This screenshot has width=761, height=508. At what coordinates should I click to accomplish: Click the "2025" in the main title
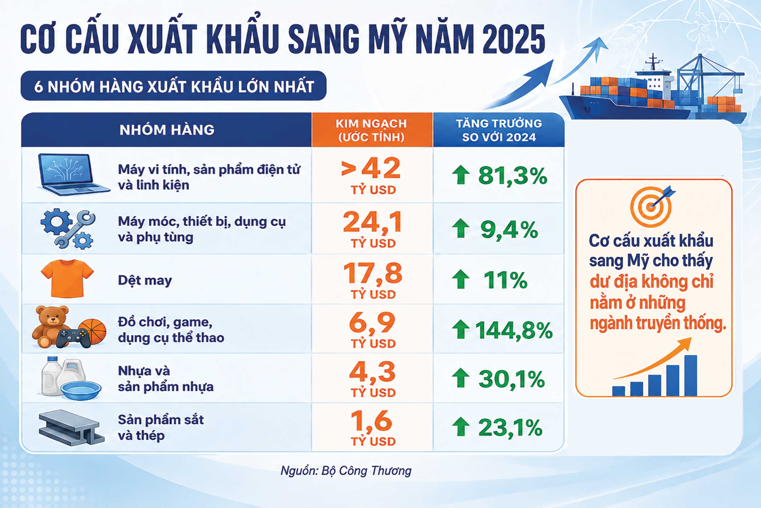(513, 40)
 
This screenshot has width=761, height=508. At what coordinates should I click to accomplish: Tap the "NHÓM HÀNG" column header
(167, 130)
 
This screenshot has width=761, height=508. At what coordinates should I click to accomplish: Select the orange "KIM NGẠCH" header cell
(372, 130)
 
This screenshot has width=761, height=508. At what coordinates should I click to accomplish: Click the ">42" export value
(371, 168)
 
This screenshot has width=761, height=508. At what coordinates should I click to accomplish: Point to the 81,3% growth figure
(513, 176)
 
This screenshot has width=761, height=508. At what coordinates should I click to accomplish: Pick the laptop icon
(73, 175)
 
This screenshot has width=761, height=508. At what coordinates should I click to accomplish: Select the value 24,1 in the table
(373, 222)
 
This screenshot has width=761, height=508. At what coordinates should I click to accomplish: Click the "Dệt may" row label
(145, 281)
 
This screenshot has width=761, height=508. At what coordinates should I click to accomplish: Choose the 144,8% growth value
(514, 330)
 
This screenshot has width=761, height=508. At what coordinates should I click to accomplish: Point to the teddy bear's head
(52, 316)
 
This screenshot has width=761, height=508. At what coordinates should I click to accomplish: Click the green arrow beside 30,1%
(461, 378)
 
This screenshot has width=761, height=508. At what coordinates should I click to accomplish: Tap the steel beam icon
(71, 428)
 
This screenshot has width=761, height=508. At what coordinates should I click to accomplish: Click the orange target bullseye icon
(651, 206)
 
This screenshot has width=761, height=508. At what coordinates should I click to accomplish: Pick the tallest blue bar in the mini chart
(691, 376)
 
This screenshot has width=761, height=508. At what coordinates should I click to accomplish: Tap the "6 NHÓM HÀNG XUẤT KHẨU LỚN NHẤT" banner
(173, 86)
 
